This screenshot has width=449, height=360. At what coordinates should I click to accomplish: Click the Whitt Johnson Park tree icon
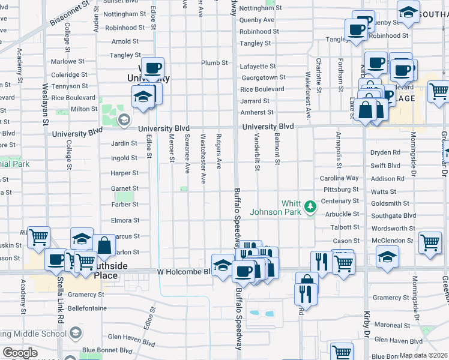[310, 206]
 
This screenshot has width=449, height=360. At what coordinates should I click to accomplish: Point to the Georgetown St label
[263, 77]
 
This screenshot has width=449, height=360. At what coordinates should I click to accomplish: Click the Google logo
[20, 353]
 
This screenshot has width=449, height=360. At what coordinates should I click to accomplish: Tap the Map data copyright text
[424, 355]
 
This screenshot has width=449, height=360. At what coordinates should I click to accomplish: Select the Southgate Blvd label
[393, 215]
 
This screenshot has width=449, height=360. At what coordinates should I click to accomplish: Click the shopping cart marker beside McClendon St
[430, 243]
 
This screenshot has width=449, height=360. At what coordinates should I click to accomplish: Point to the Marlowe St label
[68, 61]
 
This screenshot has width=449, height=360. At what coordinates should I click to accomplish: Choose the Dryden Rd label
[385, 152]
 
